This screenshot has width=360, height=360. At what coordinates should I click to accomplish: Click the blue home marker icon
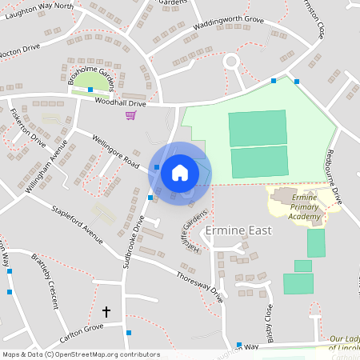click(x=180, y=172)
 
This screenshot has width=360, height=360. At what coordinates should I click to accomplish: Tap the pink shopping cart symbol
click(x=130, y=115)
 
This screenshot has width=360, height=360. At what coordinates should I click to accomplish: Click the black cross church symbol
click(x=106, y=310)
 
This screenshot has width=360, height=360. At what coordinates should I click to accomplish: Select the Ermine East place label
click(x=238, y=230)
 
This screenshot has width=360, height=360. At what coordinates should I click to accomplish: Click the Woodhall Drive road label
click(x=121, y=103)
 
